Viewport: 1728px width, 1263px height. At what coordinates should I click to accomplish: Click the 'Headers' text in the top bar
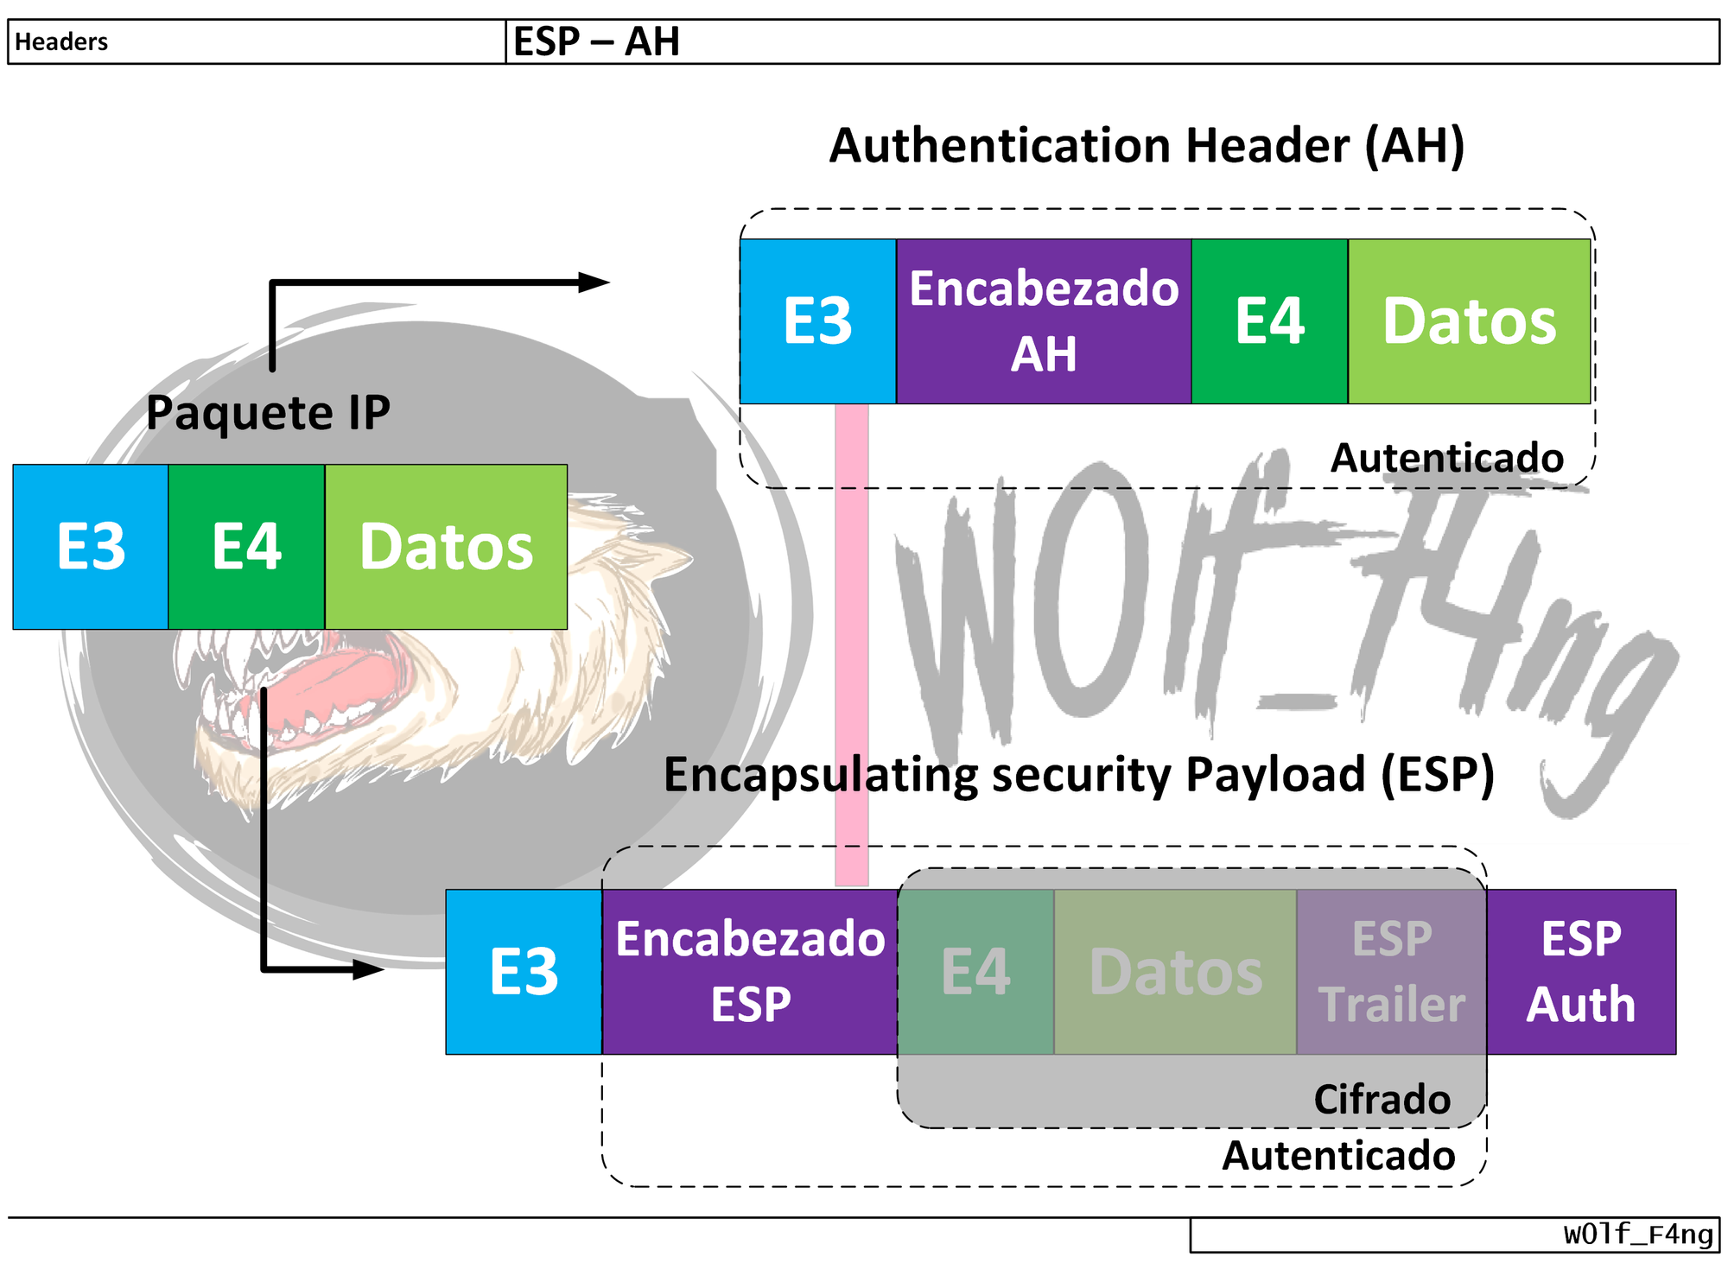click(x=61, y=41)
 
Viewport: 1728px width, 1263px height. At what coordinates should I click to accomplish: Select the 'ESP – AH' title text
click(x=596, y=41)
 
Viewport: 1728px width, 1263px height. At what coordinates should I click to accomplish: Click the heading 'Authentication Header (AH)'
click(x=1147, y=145)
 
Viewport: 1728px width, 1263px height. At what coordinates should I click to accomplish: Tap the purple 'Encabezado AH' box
click(x=1044, y=321)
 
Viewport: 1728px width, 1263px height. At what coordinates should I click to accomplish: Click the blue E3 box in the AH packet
click(x=817, y=321)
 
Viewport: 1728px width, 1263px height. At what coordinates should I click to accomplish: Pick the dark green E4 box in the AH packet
click(x=1269, y=321)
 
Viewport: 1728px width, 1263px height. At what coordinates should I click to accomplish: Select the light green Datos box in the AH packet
click(x=1469, y=321)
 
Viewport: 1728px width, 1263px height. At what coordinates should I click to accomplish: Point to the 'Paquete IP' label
click(x=268, y=412)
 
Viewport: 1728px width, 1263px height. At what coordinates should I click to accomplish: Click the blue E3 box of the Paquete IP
click(x=91, y=547)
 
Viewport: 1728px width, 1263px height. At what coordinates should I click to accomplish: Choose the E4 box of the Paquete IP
click(x=246, y=547)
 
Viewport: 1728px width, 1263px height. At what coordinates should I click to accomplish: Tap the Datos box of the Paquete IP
click(x=446, y=547)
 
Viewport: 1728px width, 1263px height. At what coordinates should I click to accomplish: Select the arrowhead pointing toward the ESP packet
click(x=369, y=969)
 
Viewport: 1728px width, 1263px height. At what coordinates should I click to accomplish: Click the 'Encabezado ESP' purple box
click(x=750, y=972)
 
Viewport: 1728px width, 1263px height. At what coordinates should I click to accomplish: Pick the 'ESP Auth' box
click(x=1581, y=972)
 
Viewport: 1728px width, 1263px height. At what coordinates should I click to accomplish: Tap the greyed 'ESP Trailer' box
click(x=1392, y=972)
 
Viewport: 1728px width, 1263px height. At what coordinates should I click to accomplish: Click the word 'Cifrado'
click(x=1382, y=1100)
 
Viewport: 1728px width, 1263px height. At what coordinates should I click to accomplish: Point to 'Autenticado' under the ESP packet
click(x=1338, y=1156)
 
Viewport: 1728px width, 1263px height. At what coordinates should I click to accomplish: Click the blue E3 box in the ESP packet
click(x=524, y=972)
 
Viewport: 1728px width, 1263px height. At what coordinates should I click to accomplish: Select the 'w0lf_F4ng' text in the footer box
click(x=1638, y=1234)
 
